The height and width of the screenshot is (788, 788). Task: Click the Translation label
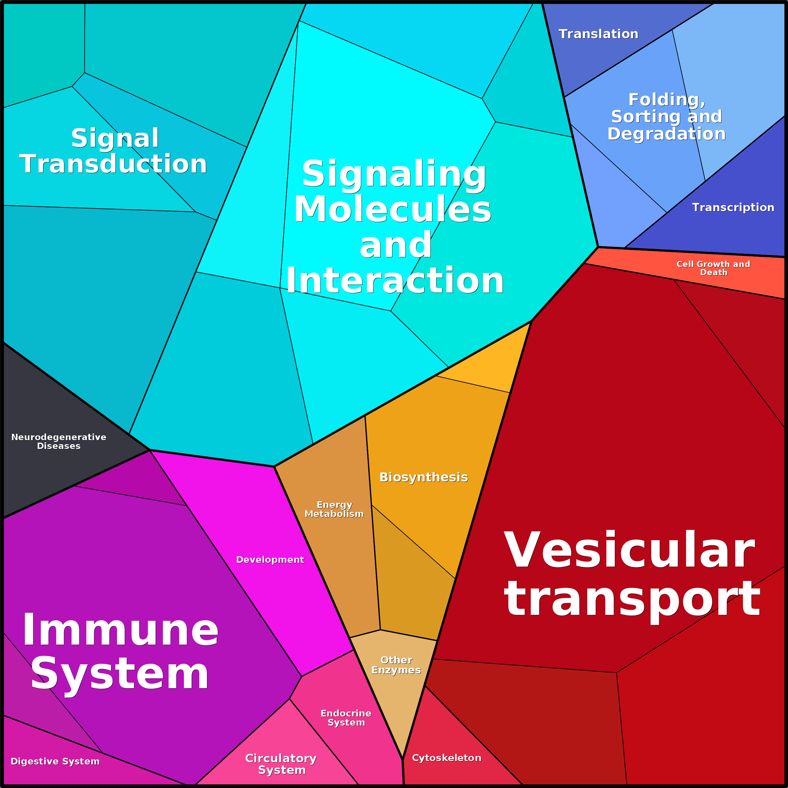click(598, 34)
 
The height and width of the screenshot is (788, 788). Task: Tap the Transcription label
click(732, 207)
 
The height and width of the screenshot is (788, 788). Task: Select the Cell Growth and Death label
click(713, 268)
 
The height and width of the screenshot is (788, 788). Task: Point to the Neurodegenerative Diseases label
click(59, 441)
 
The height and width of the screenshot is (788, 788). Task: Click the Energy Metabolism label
click(334, 509)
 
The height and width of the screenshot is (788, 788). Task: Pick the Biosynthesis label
click(423, 477)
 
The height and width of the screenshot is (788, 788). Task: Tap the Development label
click(270, 559)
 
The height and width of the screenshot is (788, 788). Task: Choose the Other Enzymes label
click(396, 665)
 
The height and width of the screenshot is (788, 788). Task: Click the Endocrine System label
click(346, 717)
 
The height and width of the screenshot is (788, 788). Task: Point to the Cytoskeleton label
click(447, 757)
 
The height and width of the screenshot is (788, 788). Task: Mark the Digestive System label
click(55, 761)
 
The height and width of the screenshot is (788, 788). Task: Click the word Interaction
click(395, 281)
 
